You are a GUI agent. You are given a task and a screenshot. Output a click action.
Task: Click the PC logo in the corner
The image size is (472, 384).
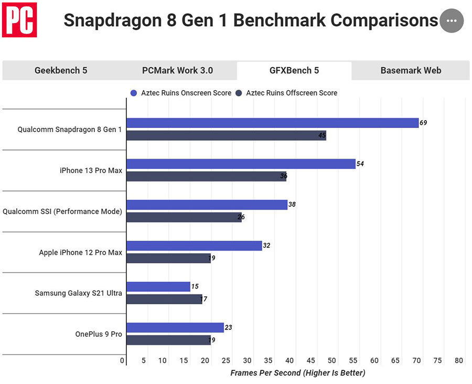coord(19,20)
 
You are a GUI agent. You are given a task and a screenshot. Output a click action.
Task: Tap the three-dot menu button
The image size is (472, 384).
coord(452,21)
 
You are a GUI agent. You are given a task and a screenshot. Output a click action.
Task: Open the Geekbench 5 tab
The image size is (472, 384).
coord(61,70)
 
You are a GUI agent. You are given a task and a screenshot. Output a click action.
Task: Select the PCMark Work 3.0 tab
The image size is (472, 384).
coord(177,70)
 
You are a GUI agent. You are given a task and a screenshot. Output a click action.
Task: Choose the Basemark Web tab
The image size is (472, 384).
coord(411,70)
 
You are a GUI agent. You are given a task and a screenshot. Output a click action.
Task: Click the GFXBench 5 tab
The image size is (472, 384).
coord(294,70)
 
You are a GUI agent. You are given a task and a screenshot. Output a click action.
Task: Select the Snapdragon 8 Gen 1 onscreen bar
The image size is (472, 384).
coord(272,123)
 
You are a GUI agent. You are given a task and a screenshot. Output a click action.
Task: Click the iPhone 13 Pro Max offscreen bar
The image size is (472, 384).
coord(206,177)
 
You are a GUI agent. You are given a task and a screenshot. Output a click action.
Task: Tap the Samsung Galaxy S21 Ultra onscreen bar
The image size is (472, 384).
coord(158,286)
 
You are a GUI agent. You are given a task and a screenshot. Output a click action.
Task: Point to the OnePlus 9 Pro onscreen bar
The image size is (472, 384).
coord(175,327)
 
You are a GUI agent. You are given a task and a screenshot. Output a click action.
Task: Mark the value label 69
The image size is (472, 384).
coord(423,123)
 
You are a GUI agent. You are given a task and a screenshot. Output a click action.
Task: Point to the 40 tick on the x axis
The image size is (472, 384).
coord(290,361)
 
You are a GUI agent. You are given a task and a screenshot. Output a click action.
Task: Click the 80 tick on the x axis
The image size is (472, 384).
coord(459,361)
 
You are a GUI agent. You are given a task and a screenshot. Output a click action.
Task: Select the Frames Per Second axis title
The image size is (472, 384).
coord(297,373)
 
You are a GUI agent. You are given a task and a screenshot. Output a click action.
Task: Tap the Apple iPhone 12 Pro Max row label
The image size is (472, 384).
coord(80,252)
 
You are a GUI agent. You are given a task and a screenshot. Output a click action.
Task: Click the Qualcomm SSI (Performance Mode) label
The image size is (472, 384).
coord(62,211)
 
